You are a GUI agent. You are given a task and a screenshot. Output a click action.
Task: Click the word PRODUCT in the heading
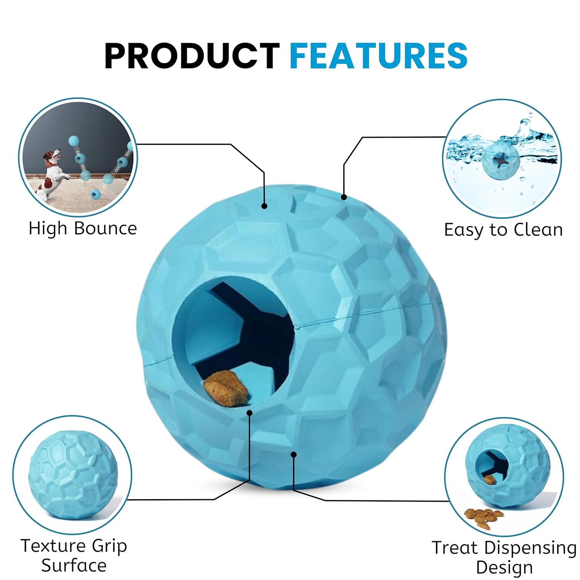click(x=192, y=56)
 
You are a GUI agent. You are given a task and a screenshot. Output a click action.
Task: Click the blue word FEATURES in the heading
click(x=379, y=56)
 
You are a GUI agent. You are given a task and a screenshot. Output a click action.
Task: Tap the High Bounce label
click(x=83, y=228)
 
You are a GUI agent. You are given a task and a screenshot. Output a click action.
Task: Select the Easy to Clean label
click(x=503, y=230)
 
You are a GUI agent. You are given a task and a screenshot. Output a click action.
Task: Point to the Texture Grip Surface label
click(x=74, y=556)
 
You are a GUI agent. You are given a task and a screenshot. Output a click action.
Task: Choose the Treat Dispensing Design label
click(x=504, y=557)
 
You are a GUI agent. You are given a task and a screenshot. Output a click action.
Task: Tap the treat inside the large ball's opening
click(x=226, y=388)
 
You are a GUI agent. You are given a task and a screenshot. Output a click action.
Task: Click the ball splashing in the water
click(x=501, y=161)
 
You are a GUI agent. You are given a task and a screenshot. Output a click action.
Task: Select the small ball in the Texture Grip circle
click(x=73, y=474)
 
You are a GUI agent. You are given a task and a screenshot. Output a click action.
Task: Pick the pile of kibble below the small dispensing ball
click(x=483, y=517)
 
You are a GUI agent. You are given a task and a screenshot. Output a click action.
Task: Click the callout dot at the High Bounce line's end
click(x=264, y=206)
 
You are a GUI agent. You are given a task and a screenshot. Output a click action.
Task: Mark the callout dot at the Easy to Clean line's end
click(x=344, y=197)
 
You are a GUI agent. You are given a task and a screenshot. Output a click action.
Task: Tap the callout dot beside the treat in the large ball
click(x=250, y=413)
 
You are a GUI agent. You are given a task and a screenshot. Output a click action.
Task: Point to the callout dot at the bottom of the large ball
click(x=294, y=454)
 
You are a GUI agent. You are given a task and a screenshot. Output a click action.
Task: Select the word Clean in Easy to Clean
click(x=538, y=230)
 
